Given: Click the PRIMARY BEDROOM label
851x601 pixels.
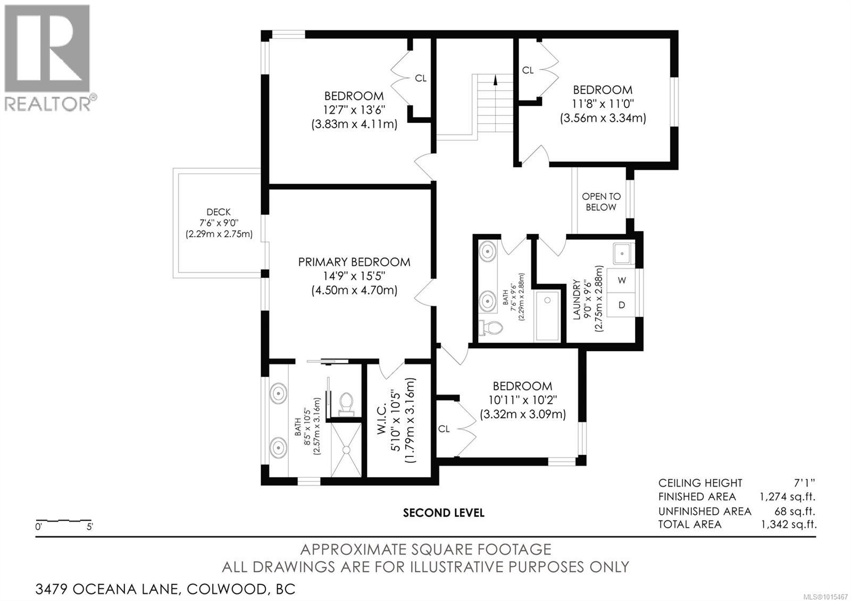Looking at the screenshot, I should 354,262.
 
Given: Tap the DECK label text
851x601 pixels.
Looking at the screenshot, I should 219,212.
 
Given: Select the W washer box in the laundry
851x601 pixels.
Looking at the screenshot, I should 622,280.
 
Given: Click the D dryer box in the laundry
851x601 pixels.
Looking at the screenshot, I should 622,305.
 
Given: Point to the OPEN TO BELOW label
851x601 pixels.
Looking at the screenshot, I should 601,202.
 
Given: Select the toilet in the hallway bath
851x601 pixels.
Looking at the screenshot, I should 489,329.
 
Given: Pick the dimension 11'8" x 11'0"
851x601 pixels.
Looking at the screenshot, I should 603,104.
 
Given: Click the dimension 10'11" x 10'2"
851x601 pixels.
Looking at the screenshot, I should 523,400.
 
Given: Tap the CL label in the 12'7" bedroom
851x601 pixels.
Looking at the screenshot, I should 421,78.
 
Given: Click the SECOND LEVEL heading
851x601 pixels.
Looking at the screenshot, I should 444,513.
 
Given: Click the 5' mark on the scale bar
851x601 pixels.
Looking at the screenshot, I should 89,528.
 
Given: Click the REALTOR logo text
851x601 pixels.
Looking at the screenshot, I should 48,104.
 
